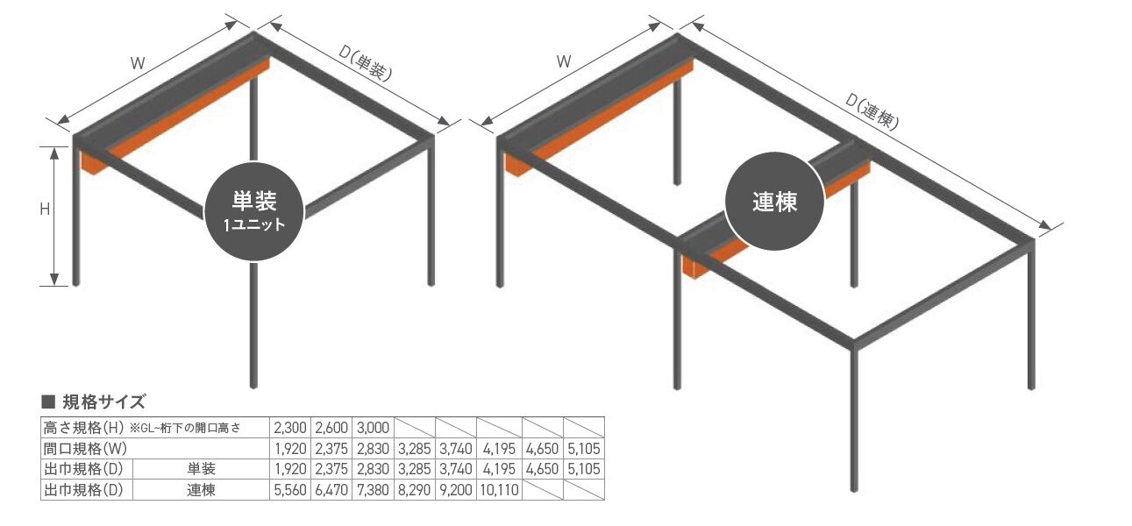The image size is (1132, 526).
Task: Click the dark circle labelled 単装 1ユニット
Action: (x=253, y=211)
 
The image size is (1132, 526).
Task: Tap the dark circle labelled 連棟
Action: (x=775, y=201)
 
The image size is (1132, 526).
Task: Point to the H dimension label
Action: (x=45, y=210)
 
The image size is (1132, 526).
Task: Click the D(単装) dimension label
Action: (x=365, y=63)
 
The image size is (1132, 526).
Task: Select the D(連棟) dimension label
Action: (x=872, y=112)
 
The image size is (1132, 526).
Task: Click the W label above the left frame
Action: (x=138, y=64)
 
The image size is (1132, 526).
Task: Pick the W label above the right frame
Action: (x=564, y=61)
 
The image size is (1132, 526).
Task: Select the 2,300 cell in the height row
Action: (x=290, y=428)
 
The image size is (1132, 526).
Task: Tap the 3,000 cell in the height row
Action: (x=373, y=428)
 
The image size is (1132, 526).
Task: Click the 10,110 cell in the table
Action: (x=499, y=490)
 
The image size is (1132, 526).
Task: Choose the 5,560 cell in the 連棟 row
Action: (x=290, y=490)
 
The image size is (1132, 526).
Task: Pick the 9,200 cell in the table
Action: (x=456, y=490)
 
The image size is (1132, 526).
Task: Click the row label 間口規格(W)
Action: (x=85, y=449)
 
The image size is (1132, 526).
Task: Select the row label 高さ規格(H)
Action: (x=83, y=428)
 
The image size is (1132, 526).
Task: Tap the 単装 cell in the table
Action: (x=201, y=469)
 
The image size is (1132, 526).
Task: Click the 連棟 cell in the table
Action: (x=201, y=490)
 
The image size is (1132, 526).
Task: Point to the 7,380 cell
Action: (x=373, y=490)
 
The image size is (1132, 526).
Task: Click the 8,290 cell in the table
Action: (x=415, y=490)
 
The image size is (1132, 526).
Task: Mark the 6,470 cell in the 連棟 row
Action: (x=331, y=490)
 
